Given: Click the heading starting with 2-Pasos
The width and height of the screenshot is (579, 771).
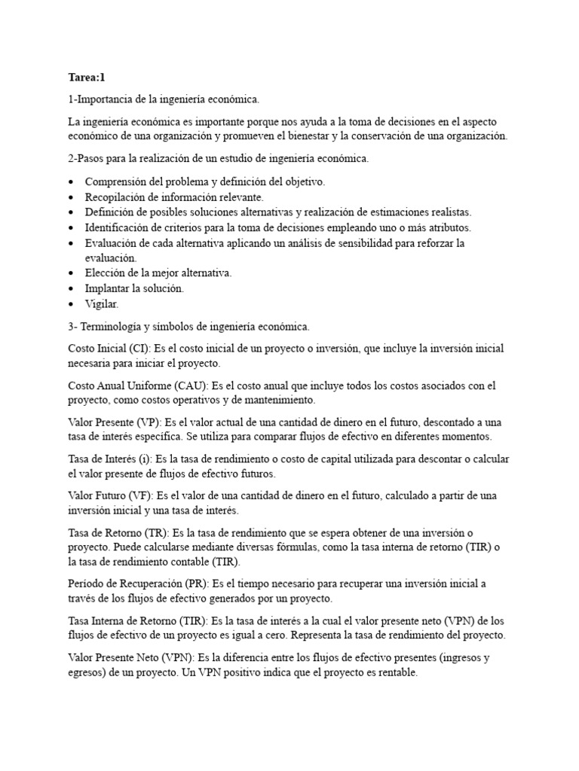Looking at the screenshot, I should point(218,159).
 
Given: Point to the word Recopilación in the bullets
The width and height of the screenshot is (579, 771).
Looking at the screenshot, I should point(118,197).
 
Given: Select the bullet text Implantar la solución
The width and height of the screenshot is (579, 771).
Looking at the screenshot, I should point(134,288).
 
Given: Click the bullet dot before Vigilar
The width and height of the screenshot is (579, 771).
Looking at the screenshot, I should point(70,304).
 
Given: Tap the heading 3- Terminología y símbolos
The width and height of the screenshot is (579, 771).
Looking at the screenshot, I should point(188,327).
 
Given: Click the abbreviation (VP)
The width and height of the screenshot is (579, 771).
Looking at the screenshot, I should point(140,423).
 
